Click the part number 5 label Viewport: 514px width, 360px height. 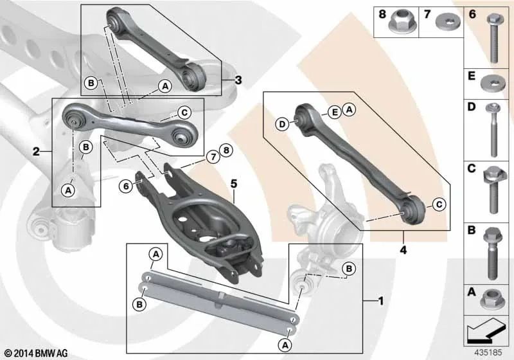click(233, 184)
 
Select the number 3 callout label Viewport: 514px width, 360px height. click(238, 80)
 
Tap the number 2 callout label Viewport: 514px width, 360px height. click(36, 152)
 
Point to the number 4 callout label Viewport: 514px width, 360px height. click(403, 250)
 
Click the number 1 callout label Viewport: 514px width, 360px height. click(380, 301)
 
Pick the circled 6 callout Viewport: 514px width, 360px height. click(126, 186)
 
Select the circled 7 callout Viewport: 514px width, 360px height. click(213, 157)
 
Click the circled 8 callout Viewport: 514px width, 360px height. click(226, 150)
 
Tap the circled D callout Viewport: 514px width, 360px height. click(282, 124)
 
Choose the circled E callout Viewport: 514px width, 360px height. click(335, 113)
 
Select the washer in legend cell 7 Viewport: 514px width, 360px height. click(447, 22)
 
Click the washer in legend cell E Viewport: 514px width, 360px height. click(493, 84)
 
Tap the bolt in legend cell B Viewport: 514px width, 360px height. click(491, 254)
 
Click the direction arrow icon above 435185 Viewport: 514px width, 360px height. click(486, 330)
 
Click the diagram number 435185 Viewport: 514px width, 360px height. click(488, 353)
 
